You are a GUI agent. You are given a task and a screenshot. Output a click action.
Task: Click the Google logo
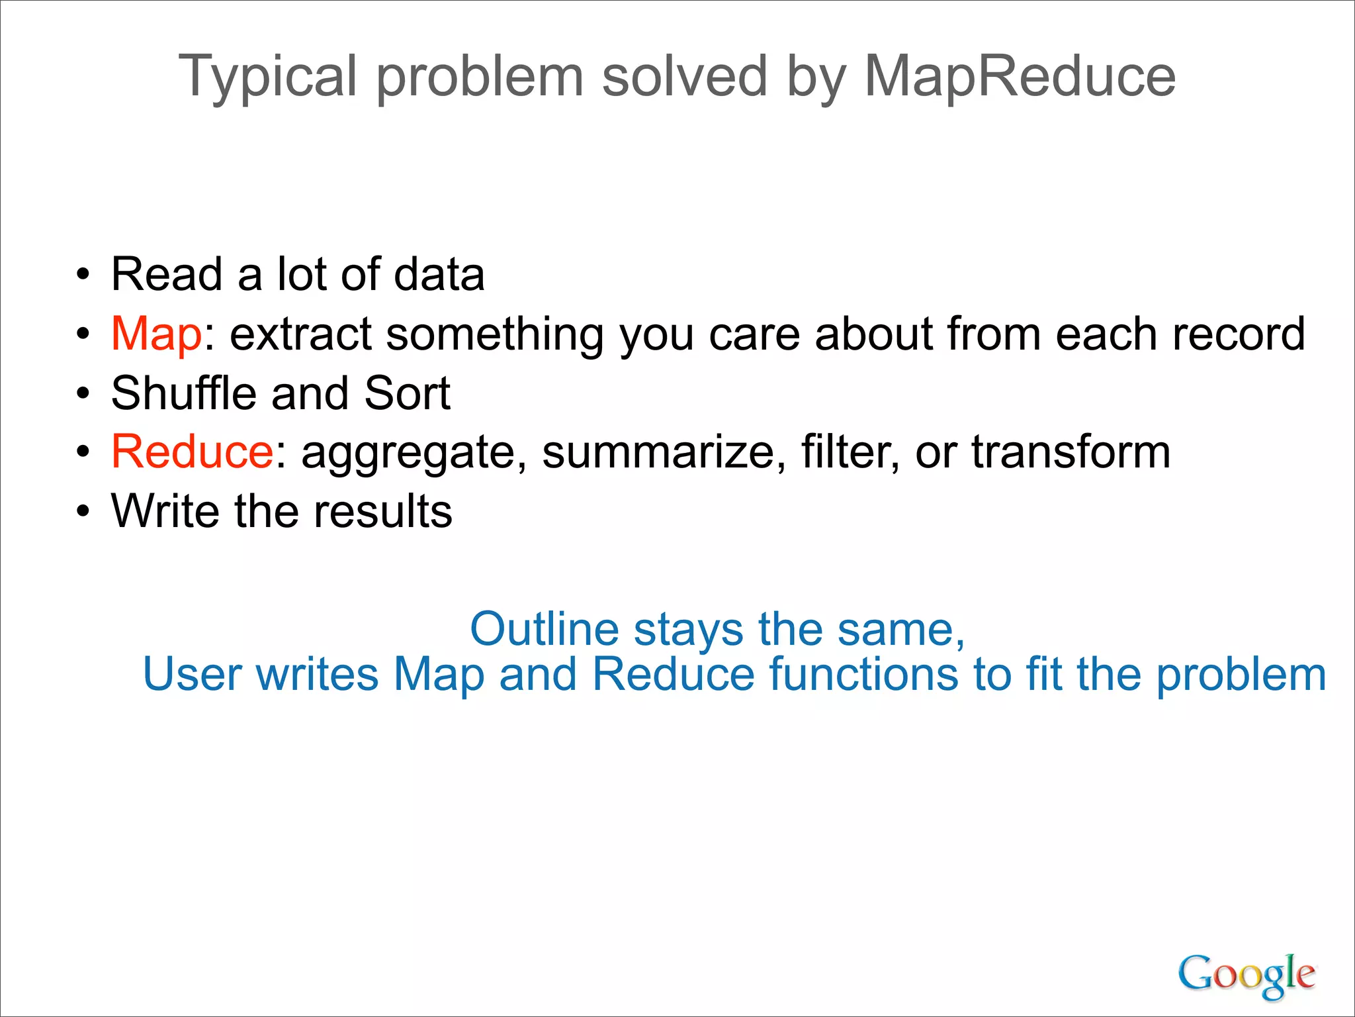(x=1246, y=975)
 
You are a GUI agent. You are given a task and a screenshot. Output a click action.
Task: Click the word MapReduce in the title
(x=1020, y=77)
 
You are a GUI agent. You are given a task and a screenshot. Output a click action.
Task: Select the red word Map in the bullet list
(x=156, y=334)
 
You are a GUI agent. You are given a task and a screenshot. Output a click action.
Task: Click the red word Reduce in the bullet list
(x=192, y=452)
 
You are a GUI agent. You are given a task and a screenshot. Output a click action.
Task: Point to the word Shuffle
(x=183, y=393)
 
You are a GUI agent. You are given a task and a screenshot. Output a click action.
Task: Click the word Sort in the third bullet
(x=407, y=393)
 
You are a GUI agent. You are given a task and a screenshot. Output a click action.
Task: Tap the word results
(x=382, y=511)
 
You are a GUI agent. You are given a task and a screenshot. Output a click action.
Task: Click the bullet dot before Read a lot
(x=82, y=275)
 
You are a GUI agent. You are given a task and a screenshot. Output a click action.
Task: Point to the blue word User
(x=193, y=674)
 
